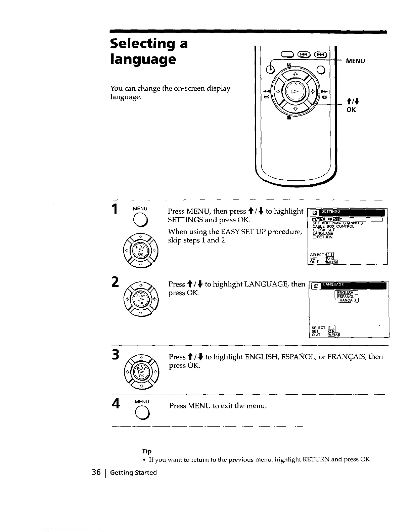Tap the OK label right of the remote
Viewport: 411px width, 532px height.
pos(351,110)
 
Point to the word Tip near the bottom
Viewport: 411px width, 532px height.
pos(147,451)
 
